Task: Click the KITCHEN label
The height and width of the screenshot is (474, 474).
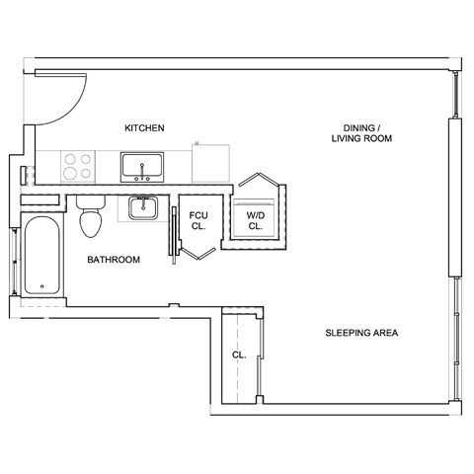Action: (x=143, y=128)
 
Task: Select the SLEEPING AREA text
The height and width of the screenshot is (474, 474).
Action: (x=361, y=333)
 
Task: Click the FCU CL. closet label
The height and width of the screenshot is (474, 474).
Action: (x=197, y=219)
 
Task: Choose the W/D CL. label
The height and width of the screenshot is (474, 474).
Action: (x=255, y=219)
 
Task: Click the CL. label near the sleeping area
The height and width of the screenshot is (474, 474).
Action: (x=239, y=355)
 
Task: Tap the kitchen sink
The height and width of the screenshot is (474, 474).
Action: (x=144, y=165)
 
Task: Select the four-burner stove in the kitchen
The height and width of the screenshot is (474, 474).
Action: (x=78, y=165)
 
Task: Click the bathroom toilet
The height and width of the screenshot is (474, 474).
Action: (x=90, y=218)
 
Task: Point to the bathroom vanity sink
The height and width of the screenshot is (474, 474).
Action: (x=144, y=208)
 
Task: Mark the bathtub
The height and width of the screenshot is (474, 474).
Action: (x=43, y=255)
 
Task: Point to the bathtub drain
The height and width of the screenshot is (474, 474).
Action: (x=42, y=287)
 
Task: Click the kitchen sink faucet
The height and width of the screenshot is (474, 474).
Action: (x=144, y=178)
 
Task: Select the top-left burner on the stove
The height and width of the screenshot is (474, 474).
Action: (x=70, y=157)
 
